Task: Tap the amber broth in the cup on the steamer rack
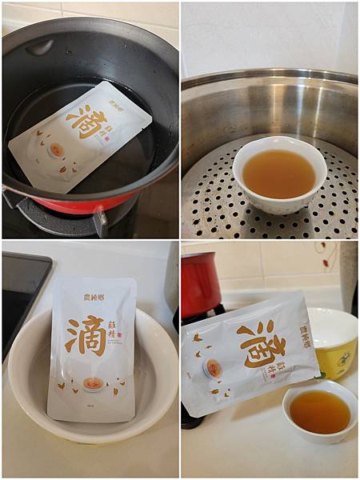(x=279, y=172)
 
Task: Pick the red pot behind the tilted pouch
(x=200, y=284)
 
